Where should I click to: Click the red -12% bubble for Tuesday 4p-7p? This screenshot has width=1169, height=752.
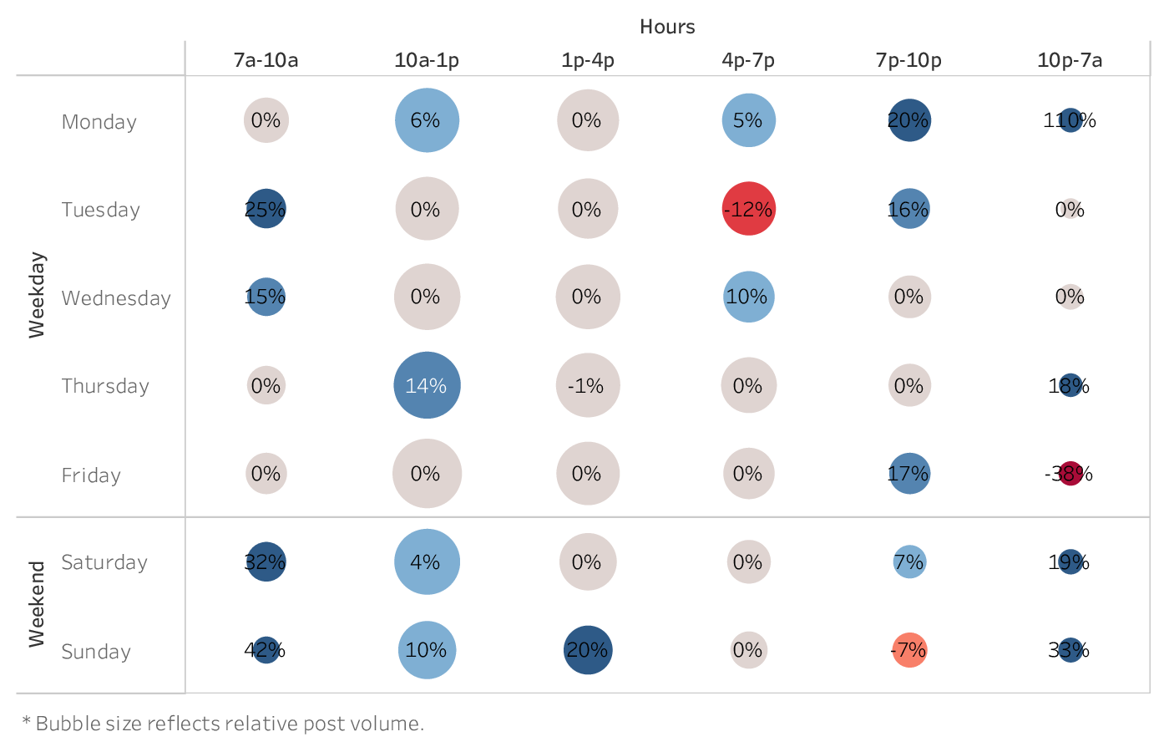coord(748,209)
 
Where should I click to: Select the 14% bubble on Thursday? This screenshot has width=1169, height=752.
coord(427,385)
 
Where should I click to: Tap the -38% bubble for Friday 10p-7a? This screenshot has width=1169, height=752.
coord(1070,474)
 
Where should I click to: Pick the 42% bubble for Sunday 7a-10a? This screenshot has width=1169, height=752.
coord(266,650)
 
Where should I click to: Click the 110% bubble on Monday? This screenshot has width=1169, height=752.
coord(1070,120)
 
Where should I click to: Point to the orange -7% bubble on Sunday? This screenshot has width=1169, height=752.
coord(909,650)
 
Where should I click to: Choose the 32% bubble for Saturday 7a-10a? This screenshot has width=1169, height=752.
coord(266,562)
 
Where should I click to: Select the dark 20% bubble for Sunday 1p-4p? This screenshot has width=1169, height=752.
coord(588,650)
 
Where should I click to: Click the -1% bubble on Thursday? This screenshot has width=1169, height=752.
coord(588,385)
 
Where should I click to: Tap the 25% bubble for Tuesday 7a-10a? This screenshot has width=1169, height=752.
coord(266,209)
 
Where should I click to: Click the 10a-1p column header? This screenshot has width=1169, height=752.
coord(427,60)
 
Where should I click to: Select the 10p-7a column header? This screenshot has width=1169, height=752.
coord(1070,60)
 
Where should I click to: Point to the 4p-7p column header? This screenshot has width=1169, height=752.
coord(748,60)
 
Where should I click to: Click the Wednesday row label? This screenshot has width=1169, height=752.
coord(116,298)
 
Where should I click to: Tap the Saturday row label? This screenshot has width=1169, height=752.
coord(104,562)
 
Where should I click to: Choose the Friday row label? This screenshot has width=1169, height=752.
coord(91,475)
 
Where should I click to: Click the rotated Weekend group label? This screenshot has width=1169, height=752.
coord(37,604)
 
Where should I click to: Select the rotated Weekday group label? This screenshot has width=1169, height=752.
coord(37,295)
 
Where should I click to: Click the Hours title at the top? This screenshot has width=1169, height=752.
coord(667,27)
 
